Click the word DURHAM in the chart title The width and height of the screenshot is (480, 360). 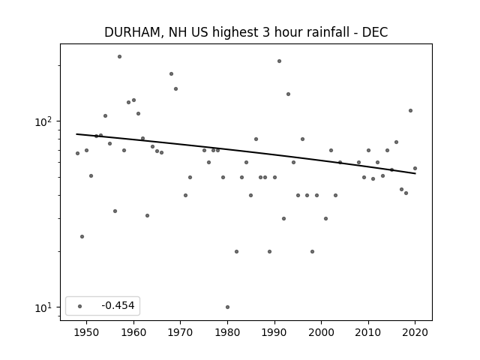point(132,32)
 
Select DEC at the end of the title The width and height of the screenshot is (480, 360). point(375,32)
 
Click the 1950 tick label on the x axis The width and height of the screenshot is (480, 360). point(87,332)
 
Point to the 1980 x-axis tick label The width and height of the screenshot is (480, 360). point(227,332)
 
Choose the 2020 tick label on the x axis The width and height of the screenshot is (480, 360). point(415,332)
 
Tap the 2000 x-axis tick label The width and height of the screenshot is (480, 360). point(322,332)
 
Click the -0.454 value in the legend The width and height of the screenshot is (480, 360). point(118,305)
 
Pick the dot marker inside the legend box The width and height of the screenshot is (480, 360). point(80,306)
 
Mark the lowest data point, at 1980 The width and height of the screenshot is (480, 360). point(227,307)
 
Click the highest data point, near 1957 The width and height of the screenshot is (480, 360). point(119,57)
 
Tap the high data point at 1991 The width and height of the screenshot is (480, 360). point(279,61)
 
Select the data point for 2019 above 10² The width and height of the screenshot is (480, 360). point(410,110)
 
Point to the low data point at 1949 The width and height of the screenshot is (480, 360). point(82,237)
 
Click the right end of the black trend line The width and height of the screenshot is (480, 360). point(415,173)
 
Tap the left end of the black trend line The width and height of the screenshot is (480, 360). point(76,134)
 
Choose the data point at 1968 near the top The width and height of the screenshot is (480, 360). point(171,73)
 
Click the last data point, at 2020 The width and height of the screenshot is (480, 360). point(415,168)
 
